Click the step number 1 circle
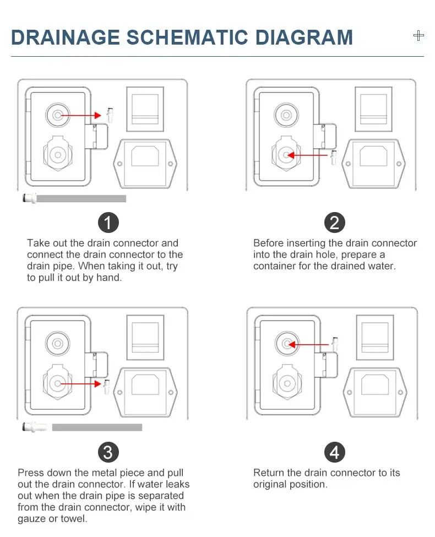click(108, 223)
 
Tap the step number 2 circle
click(334, 223)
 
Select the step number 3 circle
click(108, 453)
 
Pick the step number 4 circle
click(334, 453)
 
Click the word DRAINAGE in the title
click(65, 37)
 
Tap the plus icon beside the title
click(418, 36)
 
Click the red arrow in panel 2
click(308, 156)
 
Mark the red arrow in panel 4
click(310, 345)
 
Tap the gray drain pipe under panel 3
click(97, 427)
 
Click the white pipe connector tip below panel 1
click(29, 198)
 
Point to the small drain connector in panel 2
click(333, 157)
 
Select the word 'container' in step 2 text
click(274, 267)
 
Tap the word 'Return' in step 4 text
click(269, 473)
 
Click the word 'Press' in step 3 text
click(31, 473)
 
